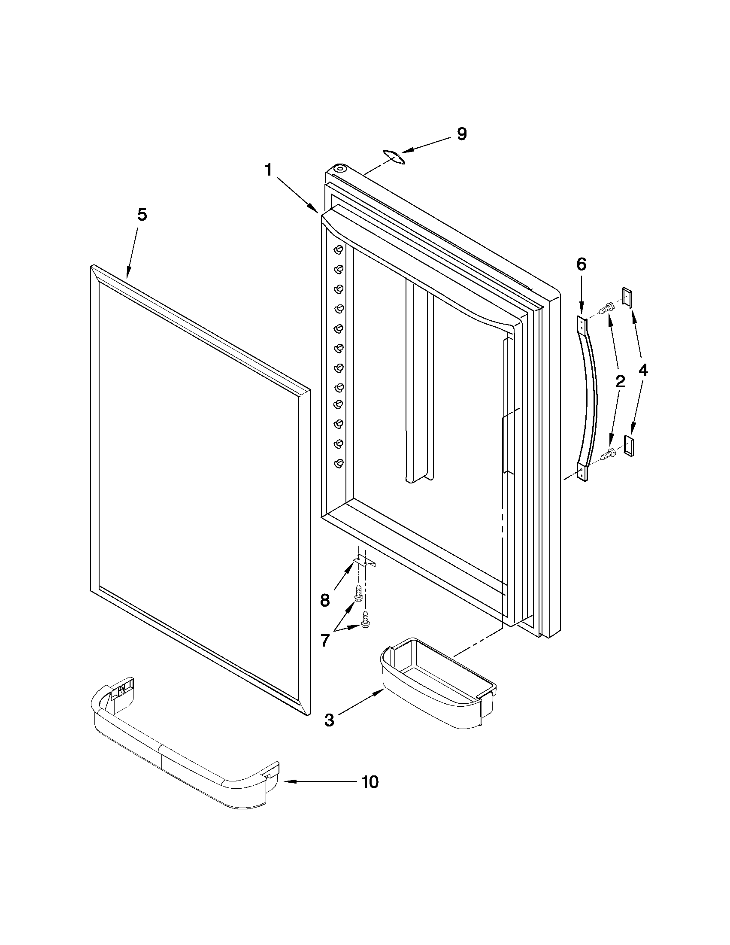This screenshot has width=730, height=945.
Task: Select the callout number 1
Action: pos(269,170)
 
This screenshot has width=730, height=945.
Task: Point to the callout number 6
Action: pos(581,264)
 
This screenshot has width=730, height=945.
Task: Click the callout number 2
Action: pos(620,381)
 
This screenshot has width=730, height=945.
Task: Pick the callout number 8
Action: pos(325,600)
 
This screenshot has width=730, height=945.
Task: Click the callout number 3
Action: pos(329,720)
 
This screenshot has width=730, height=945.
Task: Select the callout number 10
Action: pos(370,782)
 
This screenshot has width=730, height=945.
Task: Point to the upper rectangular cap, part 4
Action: pos(627,297)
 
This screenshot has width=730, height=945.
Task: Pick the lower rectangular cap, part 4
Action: pos(629,445)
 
